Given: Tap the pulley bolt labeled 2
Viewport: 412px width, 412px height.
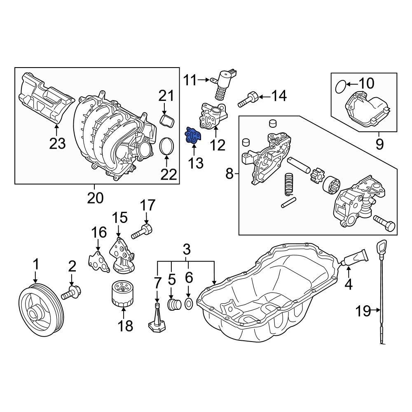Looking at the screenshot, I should [72, 294].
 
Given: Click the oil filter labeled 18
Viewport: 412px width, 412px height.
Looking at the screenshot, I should [122, 294].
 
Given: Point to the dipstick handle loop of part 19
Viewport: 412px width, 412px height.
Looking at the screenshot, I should [382, 247].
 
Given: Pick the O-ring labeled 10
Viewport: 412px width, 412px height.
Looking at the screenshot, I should [340, 87].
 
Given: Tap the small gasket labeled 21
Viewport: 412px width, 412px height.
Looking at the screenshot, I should [166, 121].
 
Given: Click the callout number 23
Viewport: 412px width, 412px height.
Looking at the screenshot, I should [57, 143].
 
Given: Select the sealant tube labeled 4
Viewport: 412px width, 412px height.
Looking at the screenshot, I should [356, 258].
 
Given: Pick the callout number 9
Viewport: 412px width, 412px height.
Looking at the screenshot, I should [379, 144].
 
